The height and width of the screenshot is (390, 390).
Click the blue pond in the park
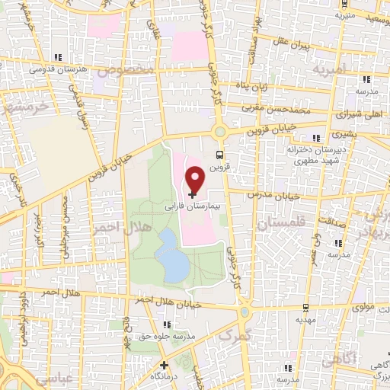(x=172, y=257)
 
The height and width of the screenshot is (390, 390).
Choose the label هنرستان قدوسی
(x=53, y=69)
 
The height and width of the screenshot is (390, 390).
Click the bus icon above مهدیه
(x=305, y=308)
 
